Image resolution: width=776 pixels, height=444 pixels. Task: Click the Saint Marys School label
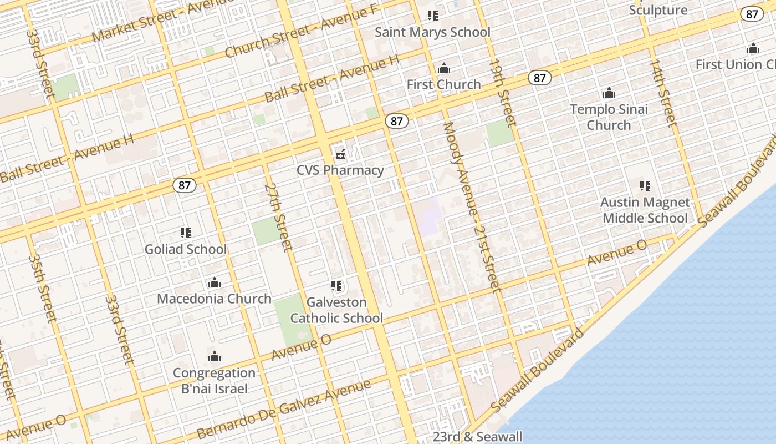432,32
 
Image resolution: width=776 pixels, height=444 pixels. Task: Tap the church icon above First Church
443,69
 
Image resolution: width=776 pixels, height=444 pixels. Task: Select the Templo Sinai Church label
609,117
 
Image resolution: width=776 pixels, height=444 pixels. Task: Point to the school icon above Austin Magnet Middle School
645,185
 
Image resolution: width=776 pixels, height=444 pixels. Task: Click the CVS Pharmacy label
340,170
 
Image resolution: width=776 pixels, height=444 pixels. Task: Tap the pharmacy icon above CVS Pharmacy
340,154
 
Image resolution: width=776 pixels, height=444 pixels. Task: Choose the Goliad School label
186,249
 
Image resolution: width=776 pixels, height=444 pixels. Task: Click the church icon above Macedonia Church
215,283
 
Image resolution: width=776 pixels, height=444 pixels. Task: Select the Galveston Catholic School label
336,310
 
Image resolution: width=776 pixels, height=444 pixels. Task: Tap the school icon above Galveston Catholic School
336,286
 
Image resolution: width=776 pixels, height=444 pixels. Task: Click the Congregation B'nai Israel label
214,380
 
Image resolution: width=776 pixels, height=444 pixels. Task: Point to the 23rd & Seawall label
477,437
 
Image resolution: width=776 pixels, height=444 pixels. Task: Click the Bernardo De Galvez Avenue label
284,410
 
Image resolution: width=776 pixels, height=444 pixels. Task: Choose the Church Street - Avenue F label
302,32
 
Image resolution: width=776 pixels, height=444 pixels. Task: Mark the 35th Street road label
43,289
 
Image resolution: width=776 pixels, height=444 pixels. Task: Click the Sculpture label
658,10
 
